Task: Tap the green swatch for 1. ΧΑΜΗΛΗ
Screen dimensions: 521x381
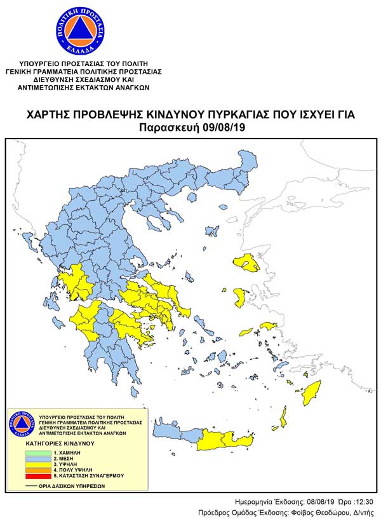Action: (37, 452)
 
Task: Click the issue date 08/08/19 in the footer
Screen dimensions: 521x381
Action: (314, 501)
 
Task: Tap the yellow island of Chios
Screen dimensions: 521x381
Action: (241, 297)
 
